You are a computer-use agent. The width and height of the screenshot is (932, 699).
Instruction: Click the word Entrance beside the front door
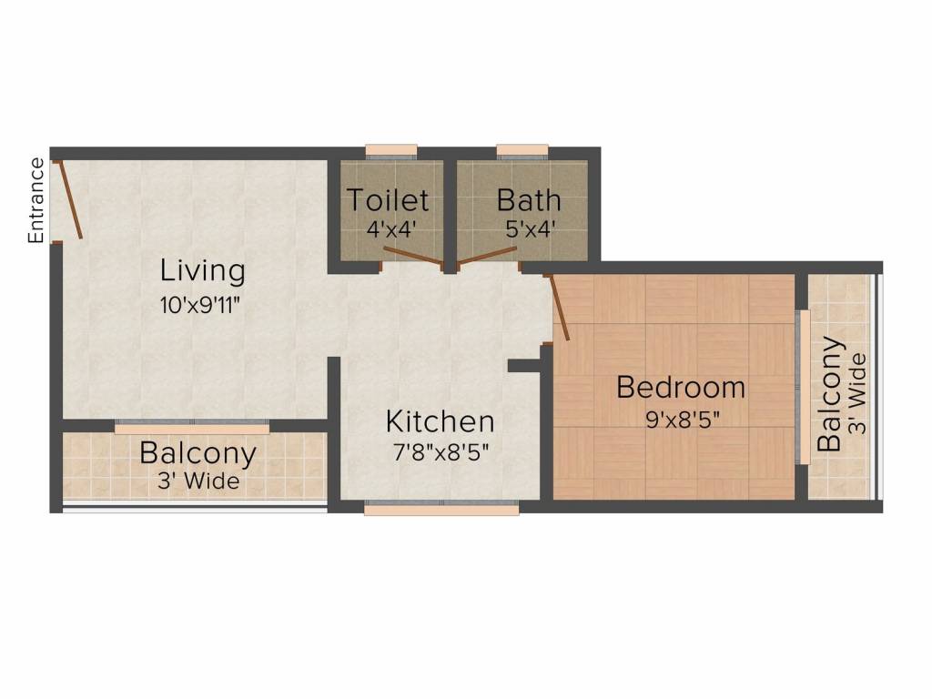pyautogui.click(x=35, y=200)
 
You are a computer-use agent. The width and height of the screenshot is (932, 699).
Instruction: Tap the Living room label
pyautogui.click(x=203, y=270)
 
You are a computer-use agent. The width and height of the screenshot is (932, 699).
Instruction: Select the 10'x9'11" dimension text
pyautogui.click(x=203, y=305)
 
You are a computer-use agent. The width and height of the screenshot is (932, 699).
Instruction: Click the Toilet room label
pyautogui.click(x=388, y=198)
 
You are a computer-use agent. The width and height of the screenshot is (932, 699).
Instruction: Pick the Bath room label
pyautogui.click(x=529, y=198)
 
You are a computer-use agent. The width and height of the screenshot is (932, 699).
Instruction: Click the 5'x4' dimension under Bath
pyautogui.click(x=530, y=228)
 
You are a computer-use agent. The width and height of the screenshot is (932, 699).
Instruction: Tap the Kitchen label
pyautogui.click(x=441, y=421)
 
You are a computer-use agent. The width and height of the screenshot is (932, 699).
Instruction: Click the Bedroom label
pyautogui.click(x=681, y=387)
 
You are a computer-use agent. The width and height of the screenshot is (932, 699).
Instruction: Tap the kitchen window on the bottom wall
pyautogui.click(x=441, y=510)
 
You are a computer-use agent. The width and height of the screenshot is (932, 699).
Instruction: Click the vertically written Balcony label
pyautogui.click(x=829, y=394)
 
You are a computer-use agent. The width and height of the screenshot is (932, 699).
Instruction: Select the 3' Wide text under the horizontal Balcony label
pyautogui.click(x=198, y=481)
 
